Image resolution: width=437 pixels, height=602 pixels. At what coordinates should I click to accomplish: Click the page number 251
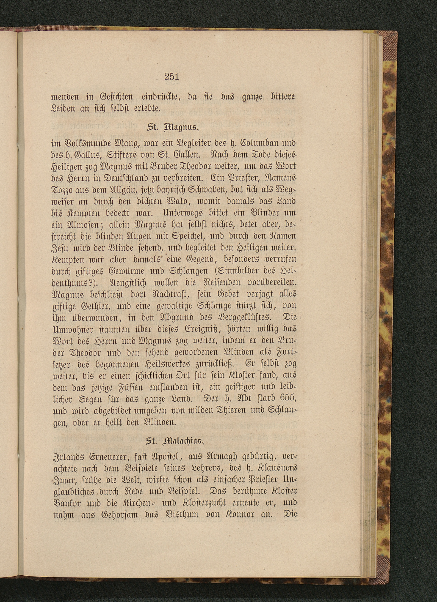172,77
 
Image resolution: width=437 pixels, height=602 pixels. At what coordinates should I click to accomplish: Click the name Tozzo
64,189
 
